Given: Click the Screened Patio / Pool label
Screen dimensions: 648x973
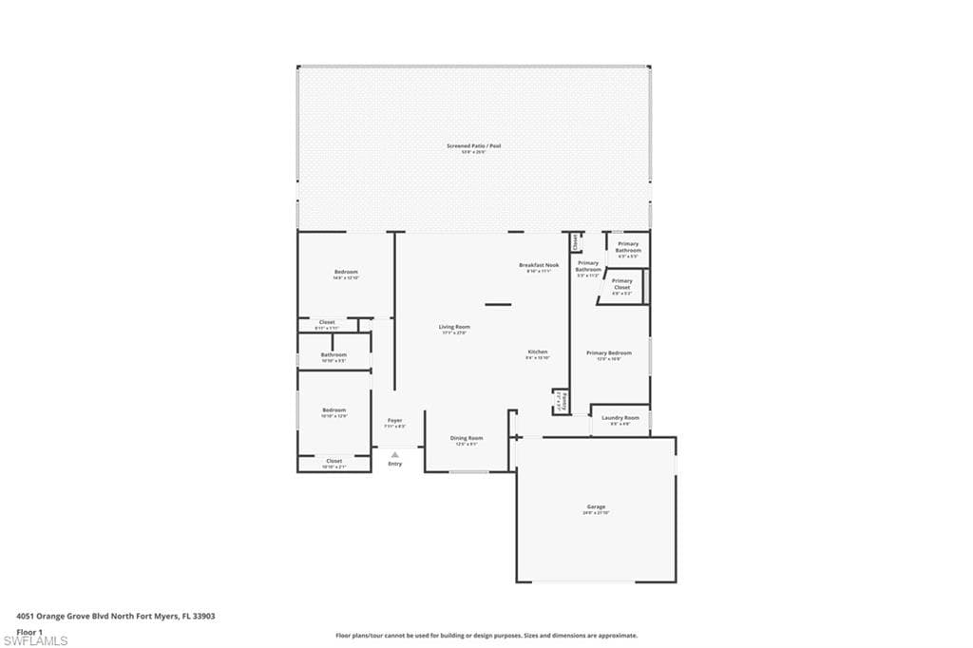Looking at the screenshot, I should [473, 146].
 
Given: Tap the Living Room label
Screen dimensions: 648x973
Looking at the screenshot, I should [456, 327].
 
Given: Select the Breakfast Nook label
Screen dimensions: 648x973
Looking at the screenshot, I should [539, 265].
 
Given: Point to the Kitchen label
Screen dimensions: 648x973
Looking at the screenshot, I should [538, 353].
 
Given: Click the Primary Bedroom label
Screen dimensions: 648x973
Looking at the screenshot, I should [608, 353].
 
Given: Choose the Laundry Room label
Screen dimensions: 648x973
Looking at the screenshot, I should [620, 418].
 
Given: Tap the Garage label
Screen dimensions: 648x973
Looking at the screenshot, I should [596, 507].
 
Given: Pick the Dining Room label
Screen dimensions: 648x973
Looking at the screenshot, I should [467, 439].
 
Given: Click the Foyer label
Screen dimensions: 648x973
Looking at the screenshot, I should [394, 421].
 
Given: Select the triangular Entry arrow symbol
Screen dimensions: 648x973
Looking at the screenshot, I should [394, 454].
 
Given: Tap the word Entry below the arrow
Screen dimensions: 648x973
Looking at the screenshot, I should [394, 464].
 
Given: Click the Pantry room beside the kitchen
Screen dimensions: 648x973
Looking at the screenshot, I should [562, 402].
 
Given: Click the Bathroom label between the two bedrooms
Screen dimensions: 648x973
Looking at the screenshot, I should [334, 355].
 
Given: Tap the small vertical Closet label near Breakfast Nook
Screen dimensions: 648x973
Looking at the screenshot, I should [576, 242].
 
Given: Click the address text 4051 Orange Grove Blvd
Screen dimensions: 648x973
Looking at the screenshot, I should [116, 616].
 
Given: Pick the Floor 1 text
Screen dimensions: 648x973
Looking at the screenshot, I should [30, 631].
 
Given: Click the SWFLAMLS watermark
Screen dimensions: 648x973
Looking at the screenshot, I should [35, 641].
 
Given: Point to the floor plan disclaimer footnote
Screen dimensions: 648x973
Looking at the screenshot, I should [486, 636].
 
